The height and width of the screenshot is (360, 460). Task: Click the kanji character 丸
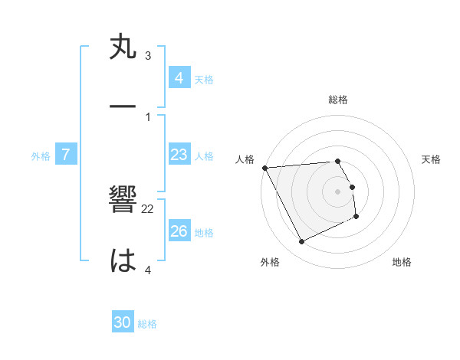pyautogui.click(x=123, y=47)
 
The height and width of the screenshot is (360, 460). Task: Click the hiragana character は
pyautogui.click(x=123, y=260)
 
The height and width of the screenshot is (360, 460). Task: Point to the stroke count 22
pyautogui.click(x=148, y=208)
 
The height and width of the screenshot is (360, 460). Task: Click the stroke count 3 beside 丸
pyautogui.click(x=148, y=56)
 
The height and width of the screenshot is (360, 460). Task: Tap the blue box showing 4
pyautogui.click(x=179, y=78)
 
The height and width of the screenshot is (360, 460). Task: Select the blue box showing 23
pyautogui.click(x=179, y=155)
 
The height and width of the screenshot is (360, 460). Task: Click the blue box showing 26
pyautogui.click(x=179, y=232)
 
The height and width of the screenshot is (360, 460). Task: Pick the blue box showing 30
pyautogui.click(x=123, y=323)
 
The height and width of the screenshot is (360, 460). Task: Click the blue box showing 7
pyautogui.click(x=66, y=155)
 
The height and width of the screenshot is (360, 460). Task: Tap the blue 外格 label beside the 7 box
pyautogui.click(x=41, y=156)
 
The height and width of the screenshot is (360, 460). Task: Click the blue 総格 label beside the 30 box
pyautogui.click(x=147, y=324)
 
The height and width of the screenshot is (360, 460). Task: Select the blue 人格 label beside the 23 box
pyautogui.click(x=204, y=156)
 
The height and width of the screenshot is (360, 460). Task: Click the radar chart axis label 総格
pyautogui.click(x=338, y=100)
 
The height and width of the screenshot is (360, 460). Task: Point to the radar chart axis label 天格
pyautogui.click(x=432, y=159)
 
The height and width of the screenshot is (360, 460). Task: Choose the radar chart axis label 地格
pyautogui.click(x=402, y=262)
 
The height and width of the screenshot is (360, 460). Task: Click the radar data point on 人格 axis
pyautogui.click(x=264, y=168)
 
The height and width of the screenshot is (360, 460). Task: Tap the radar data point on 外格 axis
pyautogui.click(x=301, y=242)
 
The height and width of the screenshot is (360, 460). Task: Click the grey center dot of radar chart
pyautogui.click(x=338, y=191)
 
